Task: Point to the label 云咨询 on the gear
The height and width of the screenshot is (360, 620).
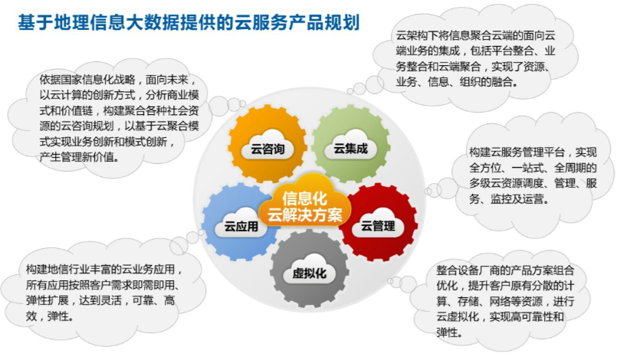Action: tap(267, 149)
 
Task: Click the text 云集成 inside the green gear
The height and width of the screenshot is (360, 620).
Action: tap(351, 149)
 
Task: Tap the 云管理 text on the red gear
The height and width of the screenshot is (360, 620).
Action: tap(378, 226)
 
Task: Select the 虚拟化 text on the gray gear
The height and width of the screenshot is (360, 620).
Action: tap(309, 273)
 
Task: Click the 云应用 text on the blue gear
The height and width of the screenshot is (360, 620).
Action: tap(241, 227)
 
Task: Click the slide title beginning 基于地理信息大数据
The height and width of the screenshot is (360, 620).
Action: tap(189, 22)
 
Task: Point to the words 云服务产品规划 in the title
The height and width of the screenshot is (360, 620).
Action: tap(297, 22)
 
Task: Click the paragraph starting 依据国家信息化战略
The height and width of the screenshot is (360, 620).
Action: tap(119, 118)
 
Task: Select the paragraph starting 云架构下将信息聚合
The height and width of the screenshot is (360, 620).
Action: tap(476, 59)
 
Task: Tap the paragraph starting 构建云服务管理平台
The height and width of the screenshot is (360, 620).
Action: tap(533, 175)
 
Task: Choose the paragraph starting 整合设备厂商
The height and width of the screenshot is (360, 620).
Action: tap(505, 302)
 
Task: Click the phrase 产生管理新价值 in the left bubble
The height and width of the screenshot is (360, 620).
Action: tap(79, 157)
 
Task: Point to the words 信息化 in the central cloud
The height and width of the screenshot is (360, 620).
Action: tap(305, 198)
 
